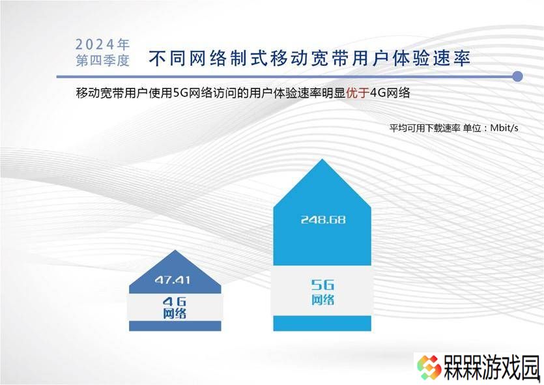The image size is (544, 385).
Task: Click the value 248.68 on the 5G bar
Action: (323, 220)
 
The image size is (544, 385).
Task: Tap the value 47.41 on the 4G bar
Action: (173, 280)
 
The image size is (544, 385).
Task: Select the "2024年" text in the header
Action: (102, 44)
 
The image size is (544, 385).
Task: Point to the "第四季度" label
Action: (102, 61)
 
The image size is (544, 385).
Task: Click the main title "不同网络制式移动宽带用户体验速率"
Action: (309, 58)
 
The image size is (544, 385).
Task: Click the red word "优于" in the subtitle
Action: (358, 93)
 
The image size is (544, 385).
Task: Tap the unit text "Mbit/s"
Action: (504, 128)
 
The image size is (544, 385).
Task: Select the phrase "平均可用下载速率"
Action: (425, 128)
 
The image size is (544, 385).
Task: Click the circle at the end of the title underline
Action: (517, 77)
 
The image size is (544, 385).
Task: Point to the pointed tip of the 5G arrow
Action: (322, 159)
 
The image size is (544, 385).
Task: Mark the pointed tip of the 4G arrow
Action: (175, 250)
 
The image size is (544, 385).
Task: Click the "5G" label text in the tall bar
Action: (322, 285)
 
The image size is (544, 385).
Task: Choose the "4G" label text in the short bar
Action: (175, 302)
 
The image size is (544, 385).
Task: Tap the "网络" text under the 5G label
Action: (322, 300)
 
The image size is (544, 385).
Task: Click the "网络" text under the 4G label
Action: (175, 313)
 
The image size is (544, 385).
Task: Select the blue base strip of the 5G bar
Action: (322, 323)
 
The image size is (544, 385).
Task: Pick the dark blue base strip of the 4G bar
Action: (175, 326)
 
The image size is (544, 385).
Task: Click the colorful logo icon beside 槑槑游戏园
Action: (429, 367)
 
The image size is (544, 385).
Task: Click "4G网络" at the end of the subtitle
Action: (390, 93)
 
